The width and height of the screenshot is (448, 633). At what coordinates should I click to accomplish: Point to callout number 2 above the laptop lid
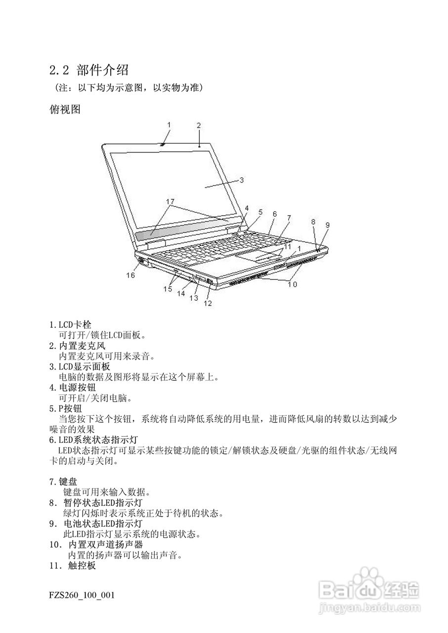[x=198, y=125]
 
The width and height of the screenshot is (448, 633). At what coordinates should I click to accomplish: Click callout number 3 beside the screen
[x=241, y=181]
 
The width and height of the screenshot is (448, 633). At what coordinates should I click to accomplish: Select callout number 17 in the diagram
[x=170, y=201]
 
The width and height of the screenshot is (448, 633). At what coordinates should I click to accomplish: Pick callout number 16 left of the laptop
[x=130, y=275]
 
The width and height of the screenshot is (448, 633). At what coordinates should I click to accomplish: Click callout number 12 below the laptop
[x=208, y=303]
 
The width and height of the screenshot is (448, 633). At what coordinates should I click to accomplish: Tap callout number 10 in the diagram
[x=292, y=284]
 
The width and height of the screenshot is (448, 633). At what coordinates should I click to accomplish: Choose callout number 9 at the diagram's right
[x=327, y=225]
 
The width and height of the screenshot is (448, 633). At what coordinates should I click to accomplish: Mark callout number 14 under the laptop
[x=181, y=293]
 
